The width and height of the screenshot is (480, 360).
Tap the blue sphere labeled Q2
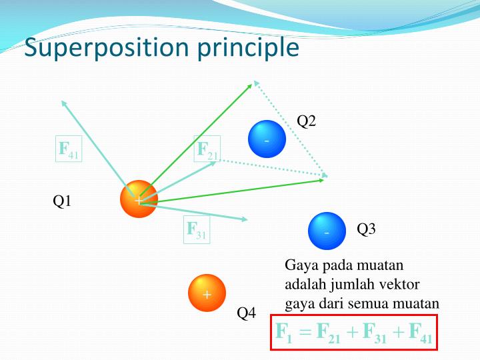coord(267,139)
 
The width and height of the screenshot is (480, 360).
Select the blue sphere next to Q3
coord(327,231)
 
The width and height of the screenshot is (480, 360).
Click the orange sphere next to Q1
coord(139,199)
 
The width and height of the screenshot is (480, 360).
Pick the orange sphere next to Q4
coord(207,293)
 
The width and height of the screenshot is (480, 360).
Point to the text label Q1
coord(63,201)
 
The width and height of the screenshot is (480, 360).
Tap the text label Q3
coord(367,229)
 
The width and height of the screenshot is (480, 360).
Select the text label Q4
coord(247,313)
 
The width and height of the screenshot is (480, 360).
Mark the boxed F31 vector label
coord(197,231)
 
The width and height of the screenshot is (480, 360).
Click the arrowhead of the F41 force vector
coord(63,102)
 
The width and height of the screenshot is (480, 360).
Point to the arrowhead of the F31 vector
coord(245,219)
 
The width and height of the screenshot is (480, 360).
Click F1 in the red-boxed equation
coord(285,331)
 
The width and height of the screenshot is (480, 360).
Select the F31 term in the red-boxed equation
coord(375,331)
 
